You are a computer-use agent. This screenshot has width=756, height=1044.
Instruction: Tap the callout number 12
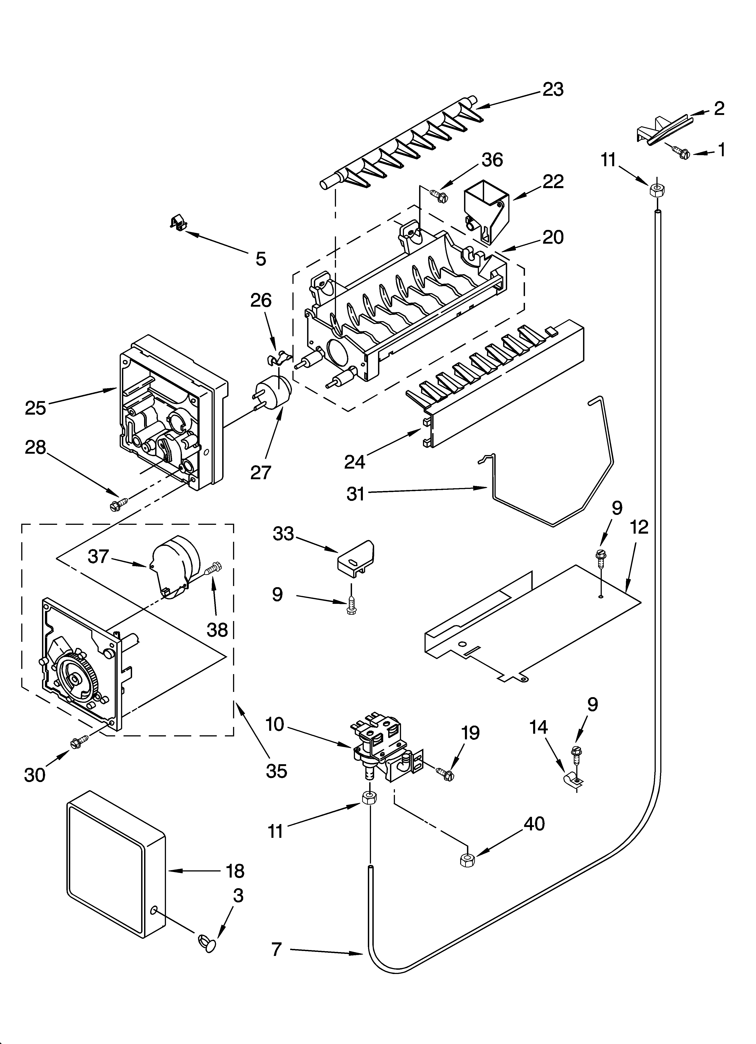coord(639,527)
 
